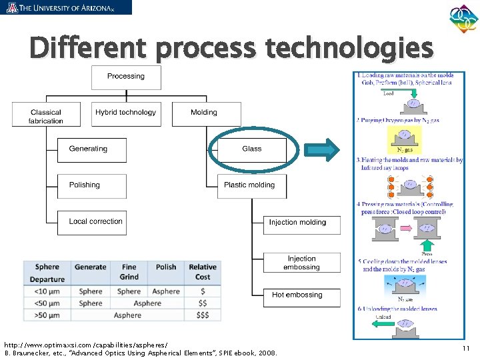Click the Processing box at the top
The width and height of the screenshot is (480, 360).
pos(126,77)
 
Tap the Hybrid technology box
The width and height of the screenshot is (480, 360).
pos(126,113)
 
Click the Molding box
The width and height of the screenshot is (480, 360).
pos(203,113)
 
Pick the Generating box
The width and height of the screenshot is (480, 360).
pos(91,149)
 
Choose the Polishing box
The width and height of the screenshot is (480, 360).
pos(91,185)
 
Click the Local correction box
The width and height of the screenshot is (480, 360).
pos(91,222)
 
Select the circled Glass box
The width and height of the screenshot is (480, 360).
pos(251,149)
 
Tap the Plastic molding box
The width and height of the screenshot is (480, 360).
pos(251,185)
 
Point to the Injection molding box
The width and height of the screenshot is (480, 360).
pos(301,223)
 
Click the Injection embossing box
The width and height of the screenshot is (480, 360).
pos(301,263)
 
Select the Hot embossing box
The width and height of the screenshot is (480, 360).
pos(301,295)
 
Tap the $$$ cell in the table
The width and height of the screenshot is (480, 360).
pos(203,315)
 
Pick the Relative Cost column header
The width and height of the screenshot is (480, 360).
pos(203,272)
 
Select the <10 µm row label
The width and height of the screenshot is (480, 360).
pos(47,291)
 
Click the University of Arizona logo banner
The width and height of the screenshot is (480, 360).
pos(66,7)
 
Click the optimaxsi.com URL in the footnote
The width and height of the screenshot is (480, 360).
pos(85,344)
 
